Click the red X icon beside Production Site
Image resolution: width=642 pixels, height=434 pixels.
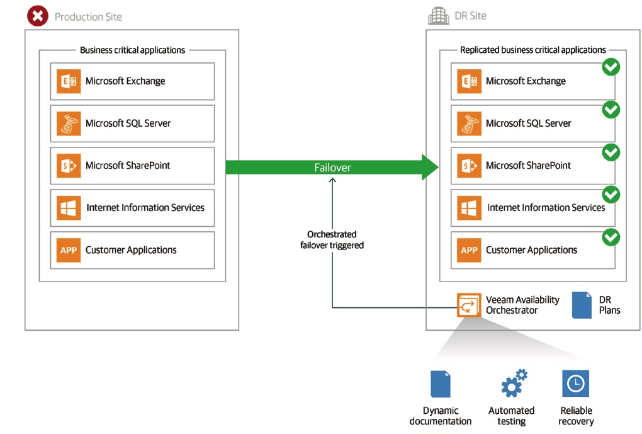click(38, 16)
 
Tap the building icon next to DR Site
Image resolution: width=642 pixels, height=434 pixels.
click(438, 16)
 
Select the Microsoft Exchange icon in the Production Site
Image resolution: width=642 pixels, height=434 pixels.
click(69, 81)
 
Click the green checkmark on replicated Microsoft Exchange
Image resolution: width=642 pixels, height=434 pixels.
click(611, 67)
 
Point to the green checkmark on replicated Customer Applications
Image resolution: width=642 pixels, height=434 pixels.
click(611, 237)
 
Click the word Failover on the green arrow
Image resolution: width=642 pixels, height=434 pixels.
click(332, 168)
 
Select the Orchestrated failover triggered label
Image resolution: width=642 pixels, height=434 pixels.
click(332, 240)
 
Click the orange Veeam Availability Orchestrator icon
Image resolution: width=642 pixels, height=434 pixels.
click(469, 306)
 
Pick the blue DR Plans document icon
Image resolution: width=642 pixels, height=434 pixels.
click(582, 305)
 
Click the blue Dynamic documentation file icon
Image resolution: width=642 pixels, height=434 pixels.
click(441, 384)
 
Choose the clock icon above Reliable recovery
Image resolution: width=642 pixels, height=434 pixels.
click(575, 384)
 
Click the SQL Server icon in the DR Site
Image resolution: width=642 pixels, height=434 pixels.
click(469, 123)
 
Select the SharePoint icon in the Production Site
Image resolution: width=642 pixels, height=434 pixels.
click(69, 166)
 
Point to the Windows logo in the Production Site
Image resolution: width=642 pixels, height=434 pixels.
click(69, 208)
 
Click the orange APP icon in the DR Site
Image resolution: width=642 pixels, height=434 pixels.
click(469, 250)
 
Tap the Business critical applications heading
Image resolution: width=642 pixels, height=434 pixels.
click(132, 50)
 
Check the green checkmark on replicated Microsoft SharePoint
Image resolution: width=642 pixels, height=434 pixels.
click(611, 152)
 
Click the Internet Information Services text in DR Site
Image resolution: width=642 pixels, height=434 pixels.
click(546, 207)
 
